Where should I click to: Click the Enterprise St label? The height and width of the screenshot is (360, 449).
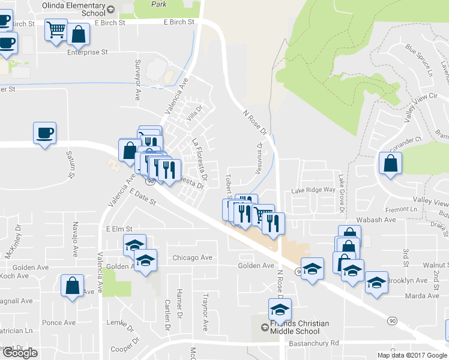[87, 52]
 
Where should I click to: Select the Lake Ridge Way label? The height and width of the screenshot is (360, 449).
[313, 190]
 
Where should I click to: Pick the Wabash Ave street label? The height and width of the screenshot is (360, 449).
[376, 220]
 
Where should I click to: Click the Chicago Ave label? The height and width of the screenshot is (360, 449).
[192, 257]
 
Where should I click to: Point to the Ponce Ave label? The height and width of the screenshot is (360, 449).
[58, 323]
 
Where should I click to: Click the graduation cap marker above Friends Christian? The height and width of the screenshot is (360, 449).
[280, 309]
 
